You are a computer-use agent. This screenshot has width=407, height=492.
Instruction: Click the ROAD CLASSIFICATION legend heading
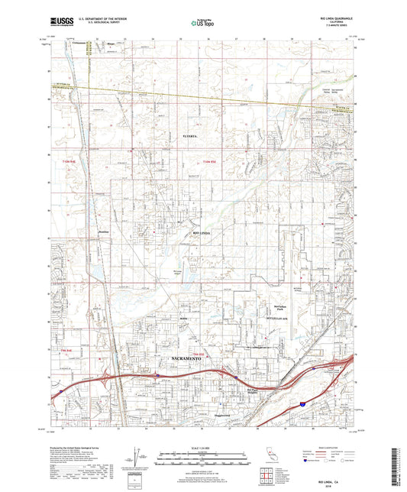(329, 447)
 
